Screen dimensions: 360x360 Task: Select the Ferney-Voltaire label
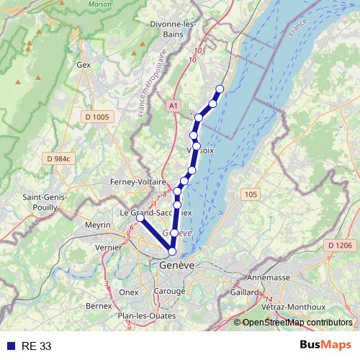(138, 182)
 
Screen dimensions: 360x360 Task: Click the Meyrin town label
(97, 225)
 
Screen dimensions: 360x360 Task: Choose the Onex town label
(129, 292)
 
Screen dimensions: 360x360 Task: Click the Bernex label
(99, 306)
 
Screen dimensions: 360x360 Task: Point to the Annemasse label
(267, 277)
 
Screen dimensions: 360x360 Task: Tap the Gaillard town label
(245, 292)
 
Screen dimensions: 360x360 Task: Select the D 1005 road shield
(96, 117)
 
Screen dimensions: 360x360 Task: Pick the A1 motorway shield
(174, 106)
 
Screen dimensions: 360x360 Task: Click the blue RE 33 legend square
(10, 346)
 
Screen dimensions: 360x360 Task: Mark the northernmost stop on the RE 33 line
(220, 89)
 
